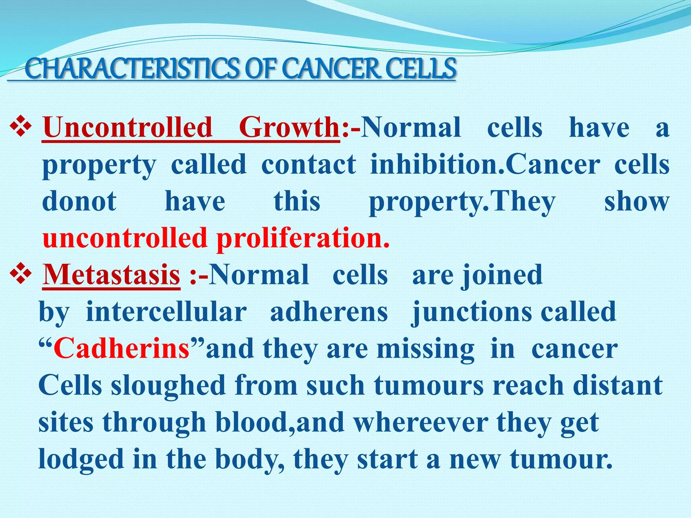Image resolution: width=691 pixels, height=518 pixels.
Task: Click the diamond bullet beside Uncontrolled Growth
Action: pos(21,127)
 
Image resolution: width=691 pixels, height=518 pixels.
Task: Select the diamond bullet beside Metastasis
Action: pos(21,274)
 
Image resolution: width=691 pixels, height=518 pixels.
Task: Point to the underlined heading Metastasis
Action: pos(111,275)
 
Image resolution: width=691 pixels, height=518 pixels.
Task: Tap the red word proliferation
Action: pos(303,238)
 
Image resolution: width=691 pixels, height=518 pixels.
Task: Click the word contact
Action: pos(308,164)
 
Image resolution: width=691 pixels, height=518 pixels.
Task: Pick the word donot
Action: pos(79,201)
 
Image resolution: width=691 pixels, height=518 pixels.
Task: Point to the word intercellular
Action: pos(166,312)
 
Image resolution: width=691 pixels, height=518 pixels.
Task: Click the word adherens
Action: pos(329,312)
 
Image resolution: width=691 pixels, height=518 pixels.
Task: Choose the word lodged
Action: pos(81,460)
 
